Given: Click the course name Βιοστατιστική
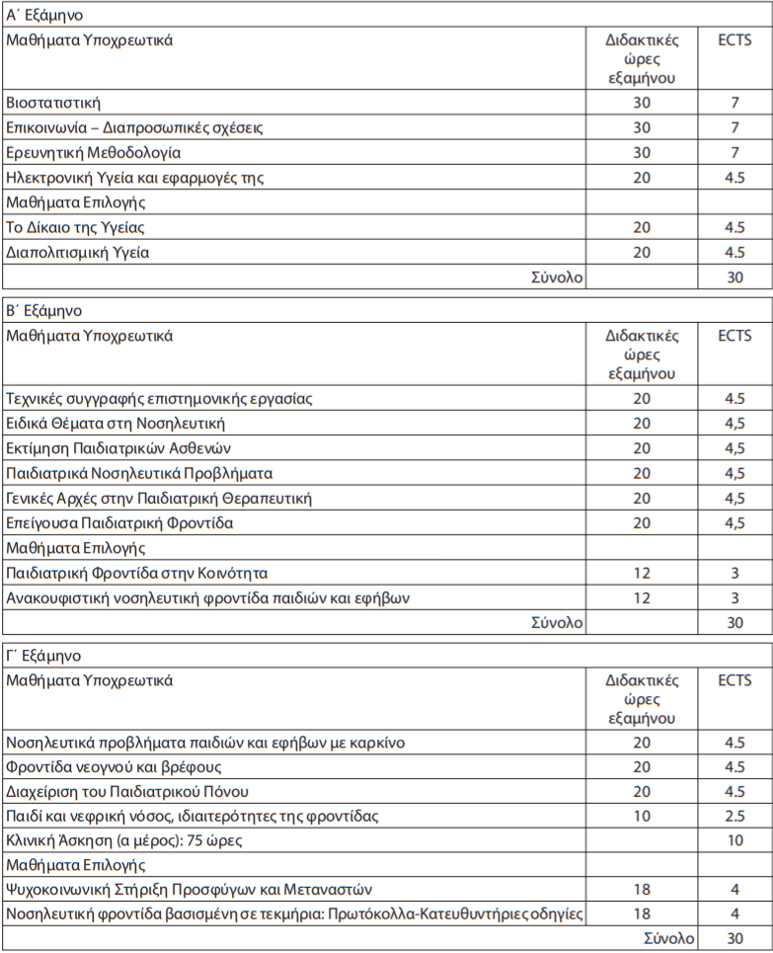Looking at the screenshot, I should click(53, 103).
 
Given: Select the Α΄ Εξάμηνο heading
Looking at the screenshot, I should click(45, 16).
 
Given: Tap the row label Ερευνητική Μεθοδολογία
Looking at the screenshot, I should click(94, 153).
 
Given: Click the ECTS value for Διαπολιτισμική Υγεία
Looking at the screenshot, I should click(734, 252).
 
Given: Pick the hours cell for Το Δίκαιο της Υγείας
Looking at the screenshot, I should click(642, 227).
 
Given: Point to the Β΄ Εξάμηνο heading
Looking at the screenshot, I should click(45, 311).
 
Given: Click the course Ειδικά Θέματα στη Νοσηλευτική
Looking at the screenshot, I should click(116, 424).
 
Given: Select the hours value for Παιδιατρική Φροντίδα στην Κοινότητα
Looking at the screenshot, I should click(642, 573).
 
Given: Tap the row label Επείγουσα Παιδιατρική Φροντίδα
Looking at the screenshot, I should click(119, 522).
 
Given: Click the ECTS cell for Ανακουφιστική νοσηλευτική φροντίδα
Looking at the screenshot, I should click(734, 597).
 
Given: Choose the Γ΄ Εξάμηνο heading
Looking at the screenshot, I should click(44, 656).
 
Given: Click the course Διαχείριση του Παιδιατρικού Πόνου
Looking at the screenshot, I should click(127, 791).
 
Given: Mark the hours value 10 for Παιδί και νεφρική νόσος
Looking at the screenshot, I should click(642, 816).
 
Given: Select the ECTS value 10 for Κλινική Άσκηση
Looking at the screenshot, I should click(734, 840).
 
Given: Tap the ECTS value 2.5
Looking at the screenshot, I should click(734, 816).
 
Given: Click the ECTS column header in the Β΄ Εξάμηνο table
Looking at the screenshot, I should click(734, 336).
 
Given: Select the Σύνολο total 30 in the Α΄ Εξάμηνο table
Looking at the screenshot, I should click(734, 278).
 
